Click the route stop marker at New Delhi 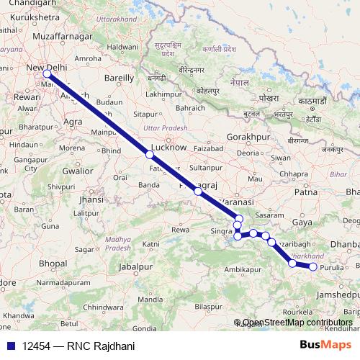pos(47,73)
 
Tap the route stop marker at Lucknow pos(150,155)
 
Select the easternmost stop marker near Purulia pos(313,267)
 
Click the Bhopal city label pos(53,264)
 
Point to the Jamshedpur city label pos(336,295)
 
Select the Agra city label pos(73,122)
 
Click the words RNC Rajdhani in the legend pos(101,346)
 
